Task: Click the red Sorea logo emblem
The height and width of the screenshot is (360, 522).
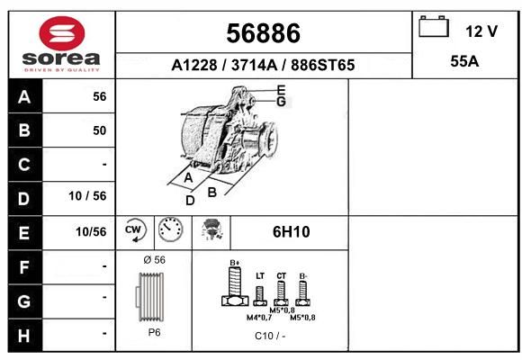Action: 62,33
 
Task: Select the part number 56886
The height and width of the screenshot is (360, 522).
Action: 263,33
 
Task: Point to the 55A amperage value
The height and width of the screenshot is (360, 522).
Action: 464,61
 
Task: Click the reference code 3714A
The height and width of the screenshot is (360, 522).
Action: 254,65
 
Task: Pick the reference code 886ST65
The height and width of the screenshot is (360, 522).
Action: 322,65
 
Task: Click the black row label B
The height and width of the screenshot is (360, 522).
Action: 24,130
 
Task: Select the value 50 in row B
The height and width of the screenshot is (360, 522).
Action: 100,130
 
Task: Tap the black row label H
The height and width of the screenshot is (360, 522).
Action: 24,336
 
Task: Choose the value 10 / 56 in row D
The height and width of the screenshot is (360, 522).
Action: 87,196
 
